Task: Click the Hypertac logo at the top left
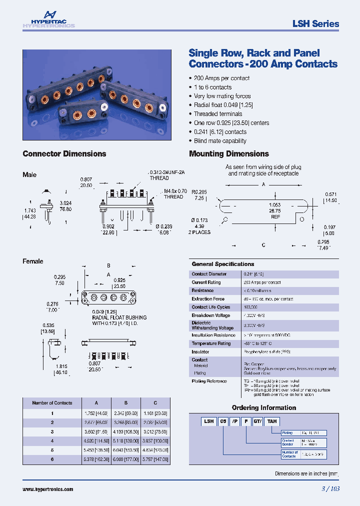coord(48,19)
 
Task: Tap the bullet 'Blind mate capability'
coord(220,141)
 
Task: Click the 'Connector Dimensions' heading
coord(64,154)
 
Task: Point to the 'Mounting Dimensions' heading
coord(229,154)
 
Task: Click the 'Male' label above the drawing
coord(29,175)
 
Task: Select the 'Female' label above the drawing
coord(33,261)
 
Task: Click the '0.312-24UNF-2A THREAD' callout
coord(167,175)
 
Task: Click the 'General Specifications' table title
coord(223,264)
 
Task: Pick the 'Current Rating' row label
coord(206,282)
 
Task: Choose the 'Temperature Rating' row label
coord(211,343)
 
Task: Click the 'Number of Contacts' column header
coord(52,403)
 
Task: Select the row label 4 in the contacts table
coord(52,440)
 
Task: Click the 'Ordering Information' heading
coord(263,407)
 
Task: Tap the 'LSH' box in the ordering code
coord(208,421)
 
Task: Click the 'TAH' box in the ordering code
coord(271,421)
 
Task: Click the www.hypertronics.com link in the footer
coord(48,489)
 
